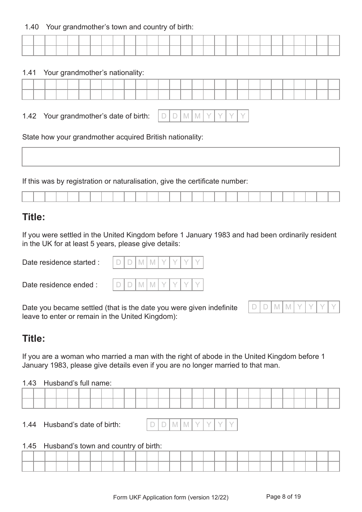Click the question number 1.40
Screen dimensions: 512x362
(x=32, y=27)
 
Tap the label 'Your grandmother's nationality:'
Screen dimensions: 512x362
(x=94, y=73)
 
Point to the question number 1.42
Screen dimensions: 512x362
(x=29, y=116)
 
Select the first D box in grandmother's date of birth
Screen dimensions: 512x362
(x=164, y=116)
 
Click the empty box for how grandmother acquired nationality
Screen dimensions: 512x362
(x=181, y=157)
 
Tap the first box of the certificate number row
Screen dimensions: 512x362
(x=28, y=197)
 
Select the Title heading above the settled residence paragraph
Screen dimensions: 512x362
(x=34, y=217)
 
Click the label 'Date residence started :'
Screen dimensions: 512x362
(x=61, y=262)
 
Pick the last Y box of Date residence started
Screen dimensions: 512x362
(x=197, y=262)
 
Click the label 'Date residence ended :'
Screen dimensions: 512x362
(x=60, y=285)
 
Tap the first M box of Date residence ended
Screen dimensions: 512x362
(x=141, y=285)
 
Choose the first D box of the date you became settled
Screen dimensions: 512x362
(x=255, y=307)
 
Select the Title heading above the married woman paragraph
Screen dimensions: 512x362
(x=34, y=339)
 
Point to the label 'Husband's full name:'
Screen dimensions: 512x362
(x=78, y=383)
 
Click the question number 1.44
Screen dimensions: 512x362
(x=29, y=425)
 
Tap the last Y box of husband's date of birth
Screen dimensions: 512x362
(x=231, y=425)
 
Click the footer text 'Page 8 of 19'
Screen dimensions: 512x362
(x=284, y=497)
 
